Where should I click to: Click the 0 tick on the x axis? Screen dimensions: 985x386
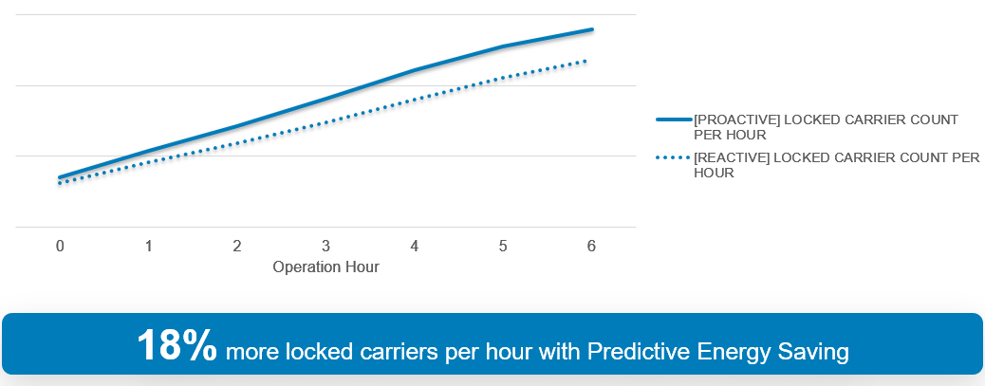coord(60,246)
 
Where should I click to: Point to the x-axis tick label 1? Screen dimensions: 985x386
coord(148,246)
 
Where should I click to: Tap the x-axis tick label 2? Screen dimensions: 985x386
coord(237,246)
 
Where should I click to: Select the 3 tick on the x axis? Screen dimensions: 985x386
coord(325,246)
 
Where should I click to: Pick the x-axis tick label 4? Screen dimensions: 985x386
coord(414,246)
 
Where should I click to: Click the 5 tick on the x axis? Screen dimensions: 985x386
coord(503,246)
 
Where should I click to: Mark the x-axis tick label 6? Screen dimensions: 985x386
coord(591,246)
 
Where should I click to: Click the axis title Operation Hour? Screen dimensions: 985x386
coord(326,267)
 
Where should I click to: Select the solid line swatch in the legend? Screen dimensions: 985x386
coord(674,119)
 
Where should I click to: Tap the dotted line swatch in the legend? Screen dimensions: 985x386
coord(674,158)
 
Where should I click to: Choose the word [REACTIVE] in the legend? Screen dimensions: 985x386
coord(732,158)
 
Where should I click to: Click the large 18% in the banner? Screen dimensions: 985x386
coord(177,344)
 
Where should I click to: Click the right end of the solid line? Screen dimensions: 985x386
coord(592,28)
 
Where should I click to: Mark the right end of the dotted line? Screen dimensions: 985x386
coord(585,61)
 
